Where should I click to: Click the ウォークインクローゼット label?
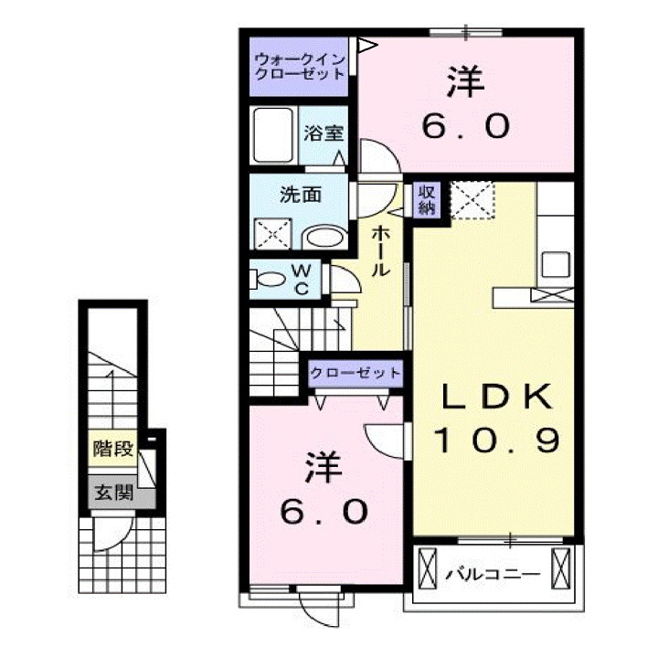299,65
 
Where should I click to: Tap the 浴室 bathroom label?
324,131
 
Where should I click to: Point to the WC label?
302,279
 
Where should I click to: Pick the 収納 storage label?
427,198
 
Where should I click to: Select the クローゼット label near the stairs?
355,373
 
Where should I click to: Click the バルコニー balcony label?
493,576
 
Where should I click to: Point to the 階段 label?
113,450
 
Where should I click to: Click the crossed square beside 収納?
472,200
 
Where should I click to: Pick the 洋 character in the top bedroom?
464,83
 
